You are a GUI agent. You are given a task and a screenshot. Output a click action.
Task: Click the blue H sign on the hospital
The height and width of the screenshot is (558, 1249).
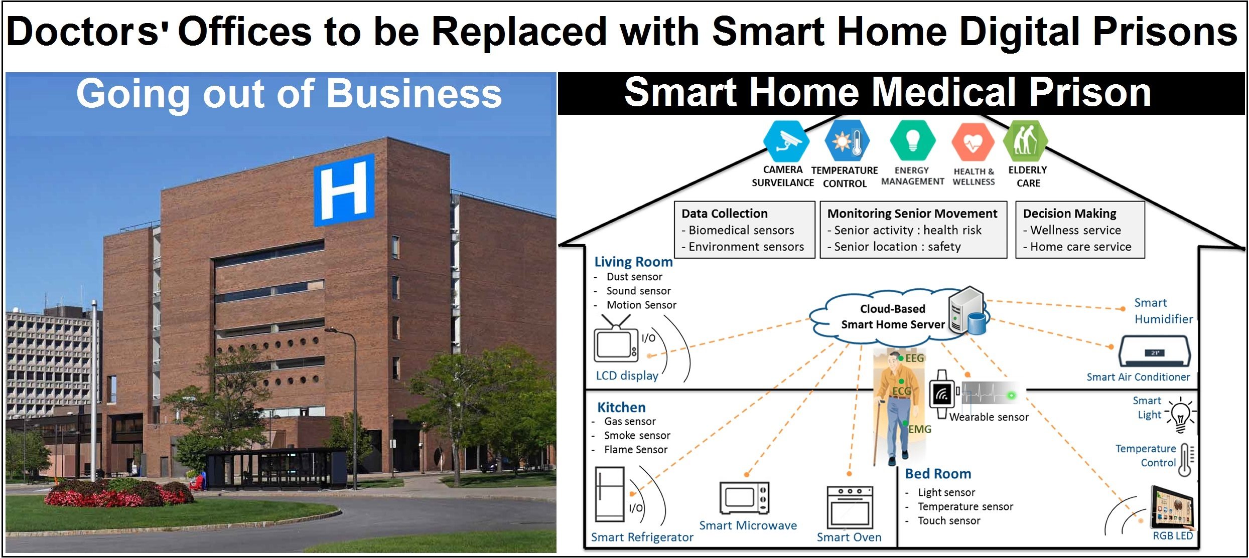(x=344, y=190)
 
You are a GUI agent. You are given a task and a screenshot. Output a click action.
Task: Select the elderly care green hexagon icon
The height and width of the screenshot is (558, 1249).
(x=1025, y=141)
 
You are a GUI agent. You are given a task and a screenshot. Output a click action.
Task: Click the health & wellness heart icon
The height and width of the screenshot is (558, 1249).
(x=973, y=142)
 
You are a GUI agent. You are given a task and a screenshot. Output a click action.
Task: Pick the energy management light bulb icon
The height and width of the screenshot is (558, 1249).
(x=912, y=141)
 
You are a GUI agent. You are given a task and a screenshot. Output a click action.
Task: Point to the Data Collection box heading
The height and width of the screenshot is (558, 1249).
(x=724, y=214)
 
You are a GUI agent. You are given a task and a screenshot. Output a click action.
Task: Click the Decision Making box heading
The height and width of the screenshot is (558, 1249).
(x=1069, y=214)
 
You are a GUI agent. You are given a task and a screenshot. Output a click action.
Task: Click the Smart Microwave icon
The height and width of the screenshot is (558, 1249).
(x=744, y=498)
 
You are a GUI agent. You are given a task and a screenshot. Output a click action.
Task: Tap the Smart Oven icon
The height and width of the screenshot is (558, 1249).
(x=850, y=506)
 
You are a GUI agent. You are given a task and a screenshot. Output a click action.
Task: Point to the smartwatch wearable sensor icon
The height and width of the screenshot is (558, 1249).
(x=942, y=395)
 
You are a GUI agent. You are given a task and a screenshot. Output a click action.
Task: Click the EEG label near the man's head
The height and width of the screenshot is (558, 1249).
(x=914, y=358)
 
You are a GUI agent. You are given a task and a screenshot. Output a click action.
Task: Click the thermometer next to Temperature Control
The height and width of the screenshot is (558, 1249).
(x=1185, y=459)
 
